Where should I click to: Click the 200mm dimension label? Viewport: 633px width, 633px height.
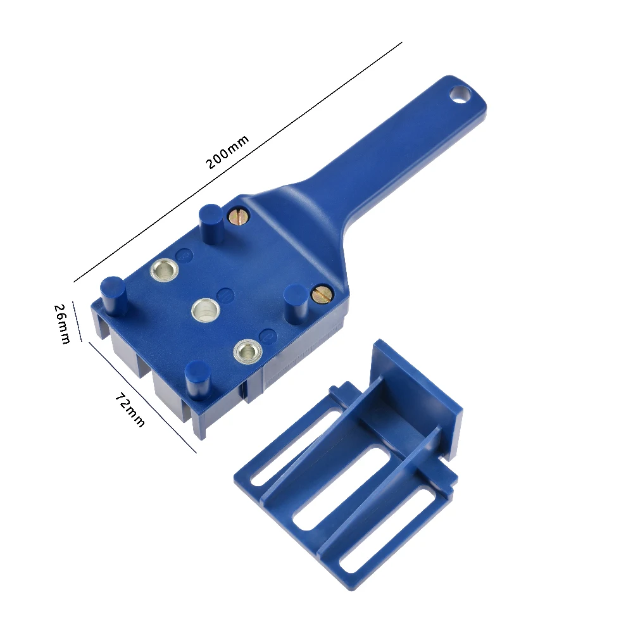click(x=227, y=152)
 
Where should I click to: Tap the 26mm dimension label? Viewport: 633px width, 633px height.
click(x=62, y=323)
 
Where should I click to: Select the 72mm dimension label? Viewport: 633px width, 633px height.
click(x=130, y=409)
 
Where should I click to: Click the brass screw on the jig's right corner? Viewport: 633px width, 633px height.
click(x=322, y=294)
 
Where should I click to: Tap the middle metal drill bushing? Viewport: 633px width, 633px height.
click(x=205, y=310)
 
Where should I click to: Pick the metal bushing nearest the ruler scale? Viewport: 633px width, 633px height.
click(x=246, y=351)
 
